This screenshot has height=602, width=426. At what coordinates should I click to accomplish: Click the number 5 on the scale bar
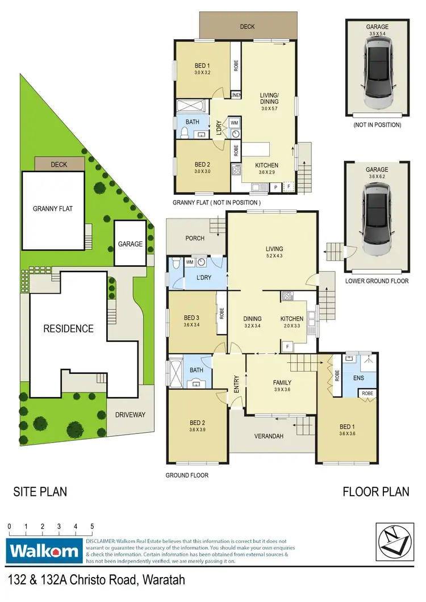pyautogui.click(x=91, y=527)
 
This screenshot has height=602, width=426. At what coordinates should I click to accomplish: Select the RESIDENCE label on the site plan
pyautogui.click(x=69, y=328)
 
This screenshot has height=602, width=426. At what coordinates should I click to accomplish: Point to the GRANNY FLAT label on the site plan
pyautogui.click(x=56, y=208)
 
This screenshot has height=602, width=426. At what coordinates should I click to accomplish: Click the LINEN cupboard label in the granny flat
pyautogui.click(x=236, y=94)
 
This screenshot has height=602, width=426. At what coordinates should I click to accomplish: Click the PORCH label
pyautogui.click(x=195, y=238)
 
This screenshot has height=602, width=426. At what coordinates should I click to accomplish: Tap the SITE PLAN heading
pyautogui.click(x=40, y=491)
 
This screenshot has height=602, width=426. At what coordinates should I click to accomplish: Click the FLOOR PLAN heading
pyautogui.click(x=375, y=491)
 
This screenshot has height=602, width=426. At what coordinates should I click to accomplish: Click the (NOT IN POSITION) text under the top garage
pyautogui.click(x=377, y=124)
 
